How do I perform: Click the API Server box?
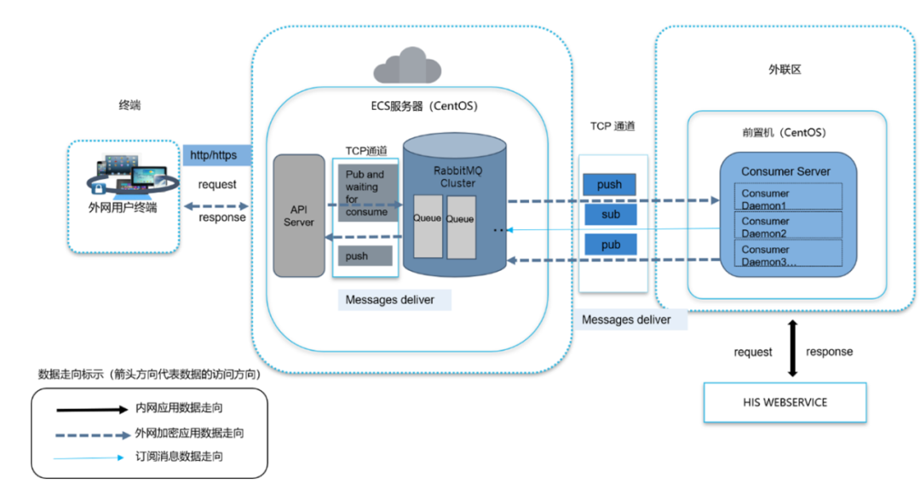click(x=299, y=216)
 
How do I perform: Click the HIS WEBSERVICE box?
click(x=785, y=402)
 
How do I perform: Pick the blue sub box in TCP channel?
click(x=610, y=215)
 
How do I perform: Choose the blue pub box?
click(x=610, y=245)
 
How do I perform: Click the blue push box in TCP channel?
click(x=610, y=184)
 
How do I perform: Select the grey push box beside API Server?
click(x=365, y=256)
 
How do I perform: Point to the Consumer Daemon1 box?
click(x=788, y=199)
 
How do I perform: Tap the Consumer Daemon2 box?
click(x=788, y=227)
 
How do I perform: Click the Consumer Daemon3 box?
click(x=788, y=255)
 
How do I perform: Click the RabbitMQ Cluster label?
click(x=457, y=176)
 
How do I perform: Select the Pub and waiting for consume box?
click(x=365, y=193)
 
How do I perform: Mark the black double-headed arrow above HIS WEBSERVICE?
click(x=792, y=348)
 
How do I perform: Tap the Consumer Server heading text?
click(x=785, y=171)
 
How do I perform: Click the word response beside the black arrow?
click(x=829, y=352)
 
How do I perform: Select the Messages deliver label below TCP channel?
click(x=626, y=320)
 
